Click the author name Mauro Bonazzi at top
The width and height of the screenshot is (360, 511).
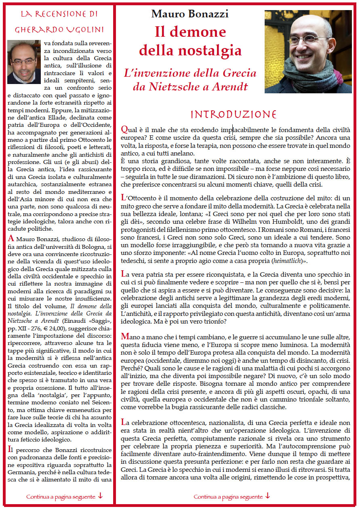(190, 14)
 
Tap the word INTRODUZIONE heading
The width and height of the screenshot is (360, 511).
(233, 114)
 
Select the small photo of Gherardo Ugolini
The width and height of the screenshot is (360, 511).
(24, 62)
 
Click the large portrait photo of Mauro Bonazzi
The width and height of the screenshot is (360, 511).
(308, 51)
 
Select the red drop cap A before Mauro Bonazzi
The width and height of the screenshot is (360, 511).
(11, 239)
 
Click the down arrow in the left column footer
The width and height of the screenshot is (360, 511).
(101, 496)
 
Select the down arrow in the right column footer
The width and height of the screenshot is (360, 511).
(267, 496)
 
